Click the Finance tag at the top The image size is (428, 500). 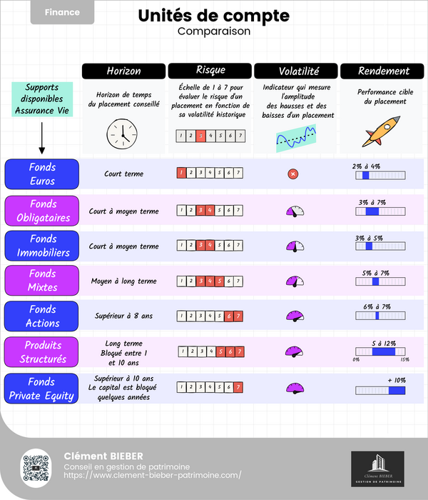62,12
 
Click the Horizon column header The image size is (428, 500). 124,71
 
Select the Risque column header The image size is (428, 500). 210,71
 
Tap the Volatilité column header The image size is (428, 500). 296,71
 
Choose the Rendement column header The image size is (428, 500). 384,71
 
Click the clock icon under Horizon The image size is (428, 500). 121,133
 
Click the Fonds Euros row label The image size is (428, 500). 42,174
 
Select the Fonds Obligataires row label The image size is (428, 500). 42,211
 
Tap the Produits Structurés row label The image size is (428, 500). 42,351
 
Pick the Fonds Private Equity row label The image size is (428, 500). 42,388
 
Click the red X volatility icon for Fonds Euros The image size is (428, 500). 292,174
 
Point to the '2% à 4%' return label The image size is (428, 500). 366,166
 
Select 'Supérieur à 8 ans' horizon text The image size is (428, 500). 123,315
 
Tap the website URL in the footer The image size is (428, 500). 153,475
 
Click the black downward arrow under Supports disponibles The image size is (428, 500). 42,139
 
